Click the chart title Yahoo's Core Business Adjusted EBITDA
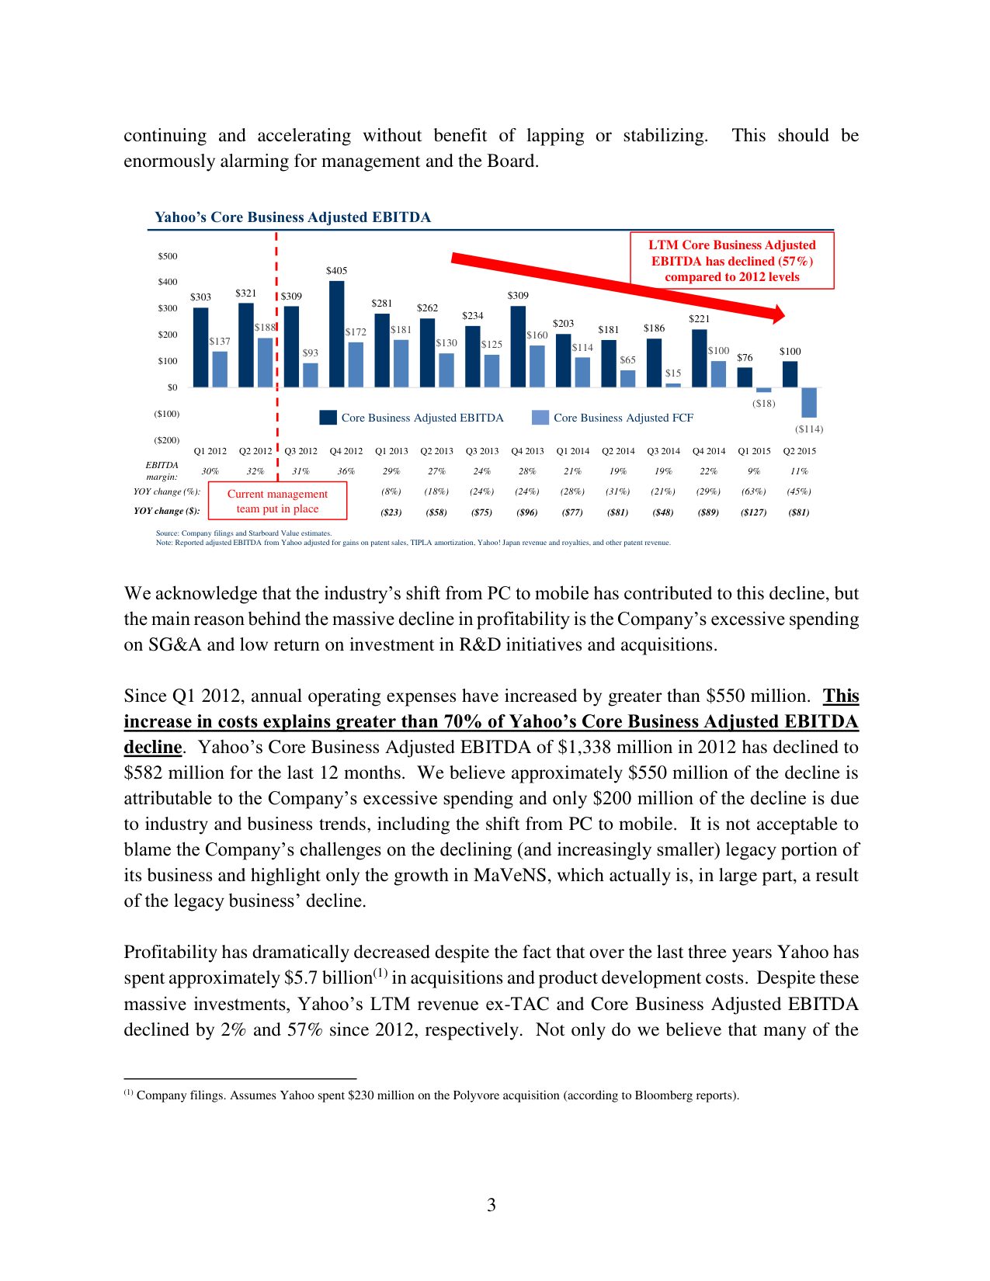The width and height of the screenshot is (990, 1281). [x=292, y=217]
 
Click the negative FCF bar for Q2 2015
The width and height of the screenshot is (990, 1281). [x=808, y=402]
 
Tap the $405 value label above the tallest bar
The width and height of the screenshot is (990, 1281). [x=336, y=271]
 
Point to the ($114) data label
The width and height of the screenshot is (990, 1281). [x=808, y=429]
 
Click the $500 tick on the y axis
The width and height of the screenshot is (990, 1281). [x=168, y=256]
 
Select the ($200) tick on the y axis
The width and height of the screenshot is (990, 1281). [x=166, y=440]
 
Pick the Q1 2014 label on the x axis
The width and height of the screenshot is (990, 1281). [x=572, y=451]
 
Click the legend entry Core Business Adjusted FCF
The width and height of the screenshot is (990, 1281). [x=623, y=418]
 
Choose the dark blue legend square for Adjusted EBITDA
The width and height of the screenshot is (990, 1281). [x=328, y=418]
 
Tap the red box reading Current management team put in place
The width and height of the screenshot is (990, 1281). [x=277, y=502]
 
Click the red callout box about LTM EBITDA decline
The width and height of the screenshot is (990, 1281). [x=731, y=261]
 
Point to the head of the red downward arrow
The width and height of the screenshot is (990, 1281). [x=776, y=314]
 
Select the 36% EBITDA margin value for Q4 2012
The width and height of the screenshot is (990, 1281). [x=346, y=471]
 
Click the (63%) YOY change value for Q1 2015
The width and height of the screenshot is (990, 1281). [x=753, y=491]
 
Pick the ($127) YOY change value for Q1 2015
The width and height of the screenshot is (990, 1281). [x=753, y=512]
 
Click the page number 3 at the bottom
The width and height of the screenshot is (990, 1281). [x=491, y=1205]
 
